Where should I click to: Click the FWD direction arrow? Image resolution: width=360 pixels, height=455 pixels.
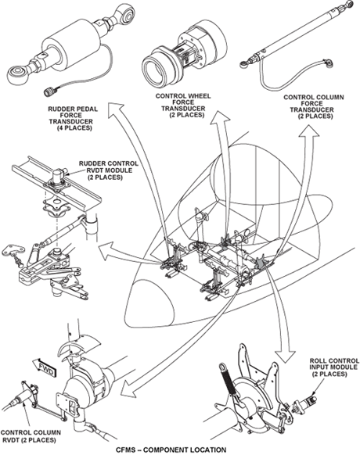(x=44, y=367)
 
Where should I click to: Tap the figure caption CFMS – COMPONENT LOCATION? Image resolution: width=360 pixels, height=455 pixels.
(x=171, y=450)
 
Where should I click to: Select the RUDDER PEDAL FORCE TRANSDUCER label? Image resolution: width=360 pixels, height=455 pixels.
(x=73, y=118)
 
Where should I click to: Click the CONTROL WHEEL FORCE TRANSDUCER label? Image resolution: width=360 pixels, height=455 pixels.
(x=183, y=106)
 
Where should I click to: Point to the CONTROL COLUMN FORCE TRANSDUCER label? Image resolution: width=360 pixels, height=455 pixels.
(x=314, y=107)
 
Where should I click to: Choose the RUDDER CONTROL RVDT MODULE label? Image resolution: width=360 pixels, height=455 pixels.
(x=109, y=170)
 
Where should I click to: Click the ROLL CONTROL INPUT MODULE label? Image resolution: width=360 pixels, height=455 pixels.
(x=334, y=367)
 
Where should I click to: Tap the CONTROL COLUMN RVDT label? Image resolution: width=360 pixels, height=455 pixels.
(x=31, y=436)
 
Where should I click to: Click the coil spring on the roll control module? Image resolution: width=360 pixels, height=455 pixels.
(x=230, y=379)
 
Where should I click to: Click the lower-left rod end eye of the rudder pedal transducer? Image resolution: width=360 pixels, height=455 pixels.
(x=17, y=75)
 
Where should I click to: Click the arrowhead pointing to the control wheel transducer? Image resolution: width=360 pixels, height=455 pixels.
(x=220, y=118)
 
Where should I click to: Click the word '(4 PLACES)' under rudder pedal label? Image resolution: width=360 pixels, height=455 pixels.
(x=75, y=127)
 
